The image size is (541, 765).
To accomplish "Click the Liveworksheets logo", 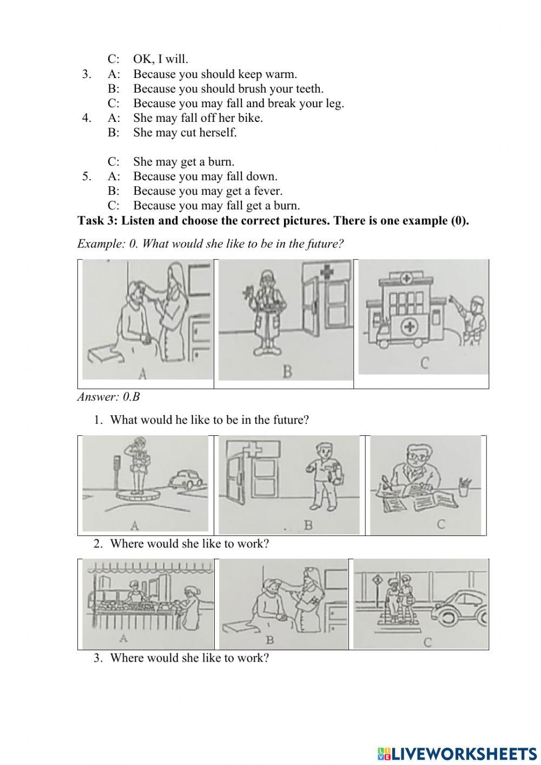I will [x=457, y=753].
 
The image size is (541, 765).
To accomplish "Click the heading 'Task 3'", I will [x=273, y=220].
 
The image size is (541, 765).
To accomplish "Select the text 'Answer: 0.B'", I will [x=109, y=397].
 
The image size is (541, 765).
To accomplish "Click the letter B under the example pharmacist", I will [x=287, y=372].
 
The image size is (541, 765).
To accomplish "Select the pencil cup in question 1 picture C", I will [x=464, y=486].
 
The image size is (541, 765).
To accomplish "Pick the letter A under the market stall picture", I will [x=124, y=638].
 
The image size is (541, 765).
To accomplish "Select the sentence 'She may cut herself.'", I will [x=185, y=133].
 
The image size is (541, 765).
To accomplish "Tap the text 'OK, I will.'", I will [x=161, y=60].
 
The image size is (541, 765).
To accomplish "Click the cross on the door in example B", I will [x=326, y=272].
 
